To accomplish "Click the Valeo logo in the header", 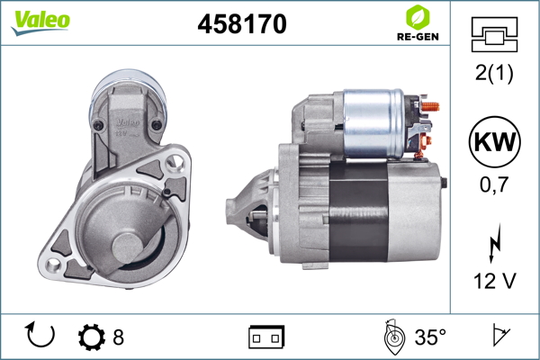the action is pyautogui.click(x=40, y=22).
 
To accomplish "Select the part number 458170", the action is pyautogui.click(x=242, y=23).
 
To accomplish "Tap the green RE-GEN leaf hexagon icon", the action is pyautogui.click(x=418, y=17).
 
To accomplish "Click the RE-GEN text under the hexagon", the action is pyautogui.click(x=418, y=37).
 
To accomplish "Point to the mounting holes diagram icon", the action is pyautogui.click(x=494, y=34).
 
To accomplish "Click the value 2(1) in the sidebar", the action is pyautogui.click(x=494, y=73).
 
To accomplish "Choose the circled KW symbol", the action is pyautogui.click(x=494, y=141).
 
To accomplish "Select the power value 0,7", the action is pyautogui.click(x=494, y=184).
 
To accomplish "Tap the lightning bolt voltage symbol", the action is pyautogui.click(x=494, y=243).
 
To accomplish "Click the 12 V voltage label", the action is pyautogui.click(x=495, y=281).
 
